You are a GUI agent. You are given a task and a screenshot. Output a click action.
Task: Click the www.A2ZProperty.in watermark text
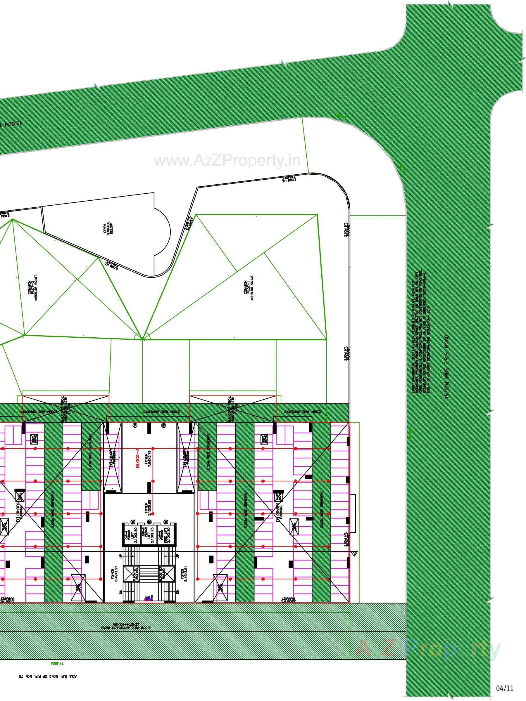[227, 161]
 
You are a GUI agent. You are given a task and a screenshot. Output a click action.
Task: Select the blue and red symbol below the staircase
[149, 598]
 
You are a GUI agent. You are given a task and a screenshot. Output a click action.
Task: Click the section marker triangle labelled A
[355, 553]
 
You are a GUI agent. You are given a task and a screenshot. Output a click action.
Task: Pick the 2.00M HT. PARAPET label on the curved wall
[289, 179]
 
